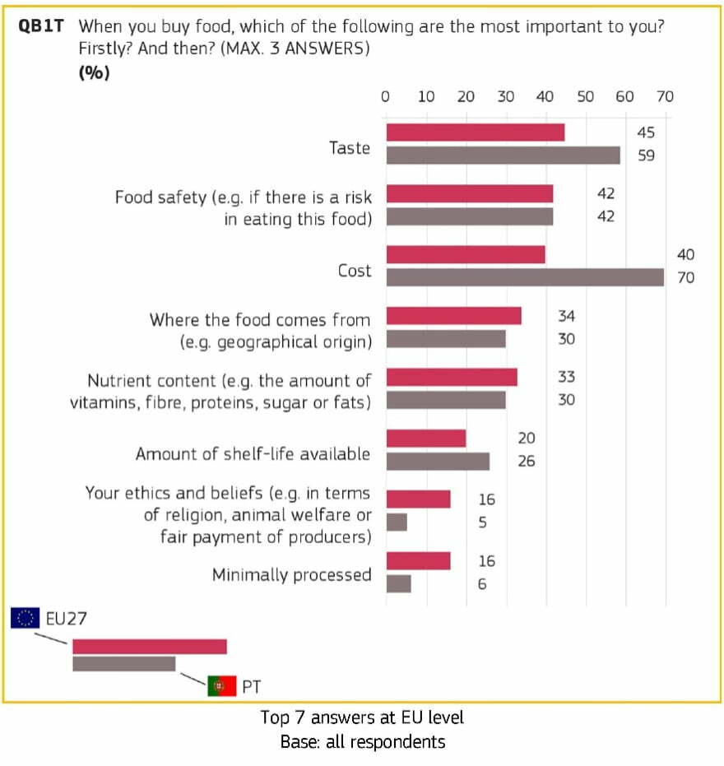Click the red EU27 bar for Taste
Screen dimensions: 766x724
point(475,132)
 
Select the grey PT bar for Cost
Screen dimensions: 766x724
point(525,277)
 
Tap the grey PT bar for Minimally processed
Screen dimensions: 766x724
point(398,583)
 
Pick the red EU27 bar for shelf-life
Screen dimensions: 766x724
point(426,439)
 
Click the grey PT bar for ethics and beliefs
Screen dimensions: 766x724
point(397,522)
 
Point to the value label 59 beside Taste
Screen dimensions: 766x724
point(646,155)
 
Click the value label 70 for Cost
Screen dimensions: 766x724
point(685,278)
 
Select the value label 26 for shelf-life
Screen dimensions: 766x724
point(526,461)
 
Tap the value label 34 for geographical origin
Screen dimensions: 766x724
point(566,316)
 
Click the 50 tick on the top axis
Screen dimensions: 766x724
point(585,96)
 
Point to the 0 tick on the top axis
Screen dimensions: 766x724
point(385,96)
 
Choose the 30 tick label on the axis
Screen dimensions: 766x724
point(505,96)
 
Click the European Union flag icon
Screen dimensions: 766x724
point(24,618)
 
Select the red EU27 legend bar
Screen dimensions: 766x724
point(149,647)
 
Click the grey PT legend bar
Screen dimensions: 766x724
point(123,663)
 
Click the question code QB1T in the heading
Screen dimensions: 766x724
point(41,26)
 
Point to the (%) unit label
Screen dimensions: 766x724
point(94,72)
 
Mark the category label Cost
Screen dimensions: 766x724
point(354,271)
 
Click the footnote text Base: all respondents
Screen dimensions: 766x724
point(362,742)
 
